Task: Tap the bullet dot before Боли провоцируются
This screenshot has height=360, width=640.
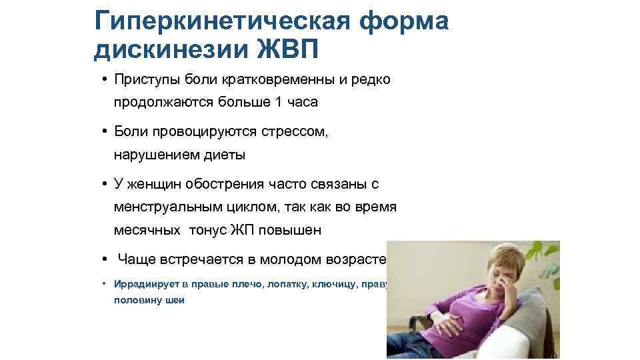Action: pyautogui.click(x=105, y=132)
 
